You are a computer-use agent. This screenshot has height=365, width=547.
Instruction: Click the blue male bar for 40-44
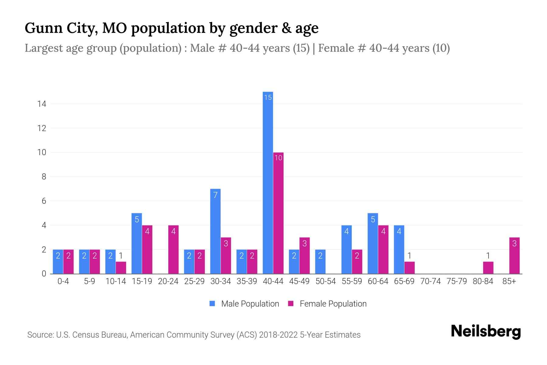coord(268,182)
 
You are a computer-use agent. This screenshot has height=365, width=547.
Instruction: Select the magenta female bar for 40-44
coord(278,213)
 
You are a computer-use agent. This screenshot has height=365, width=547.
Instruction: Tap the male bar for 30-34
coord(215,231)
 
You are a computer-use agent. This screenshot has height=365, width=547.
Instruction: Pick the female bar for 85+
coord(514,255)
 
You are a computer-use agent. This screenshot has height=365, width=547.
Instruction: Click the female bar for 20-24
coord(173,249)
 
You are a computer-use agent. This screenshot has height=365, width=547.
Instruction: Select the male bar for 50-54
coord(320,262)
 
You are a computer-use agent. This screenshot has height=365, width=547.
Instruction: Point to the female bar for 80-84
coord(488,268)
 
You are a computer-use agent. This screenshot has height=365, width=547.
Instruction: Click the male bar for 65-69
coord(399,249)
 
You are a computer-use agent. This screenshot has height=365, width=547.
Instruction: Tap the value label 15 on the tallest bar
coord(268,97)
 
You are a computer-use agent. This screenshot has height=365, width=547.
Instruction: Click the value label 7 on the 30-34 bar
coord(215,195)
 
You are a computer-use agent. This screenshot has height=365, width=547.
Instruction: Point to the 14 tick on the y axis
coord(42,104)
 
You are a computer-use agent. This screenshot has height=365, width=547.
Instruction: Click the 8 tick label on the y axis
coord(44,177)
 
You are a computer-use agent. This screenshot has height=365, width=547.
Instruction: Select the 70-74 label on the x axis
coord(430,281)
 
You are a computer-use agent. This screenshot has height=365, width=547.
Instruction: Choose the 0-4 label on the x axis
coord(63,281)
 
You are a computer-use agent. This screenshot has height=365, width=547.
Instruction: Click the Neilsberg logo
coord(486,332)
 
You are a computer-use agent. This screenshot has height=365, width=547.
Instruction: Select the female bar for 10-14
coord(121,268)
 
